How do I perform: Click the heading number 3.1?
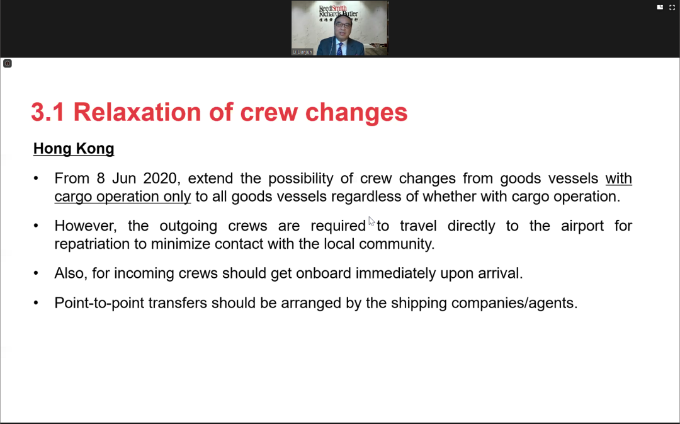pos(48,112)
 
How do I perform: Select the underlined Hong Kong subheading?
pos(74,149)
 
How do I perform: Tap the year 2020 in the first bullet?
pos(160,178)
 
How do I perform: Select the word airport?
pos(582,226)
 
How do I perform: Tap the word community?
pos(397,244)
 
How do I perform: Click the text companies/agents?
pos(514,303)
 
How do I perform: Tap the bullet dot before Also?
pos(36,273)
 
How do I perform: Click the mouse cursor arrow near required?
pos(371,221)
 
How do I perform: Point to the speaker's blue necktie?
pos(339,49)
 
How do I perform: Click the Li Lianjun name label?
pos(302,52)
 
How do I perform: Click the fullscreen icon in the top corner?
pos(672,8)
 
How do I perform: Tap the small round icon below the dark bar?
pos(8,64)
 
